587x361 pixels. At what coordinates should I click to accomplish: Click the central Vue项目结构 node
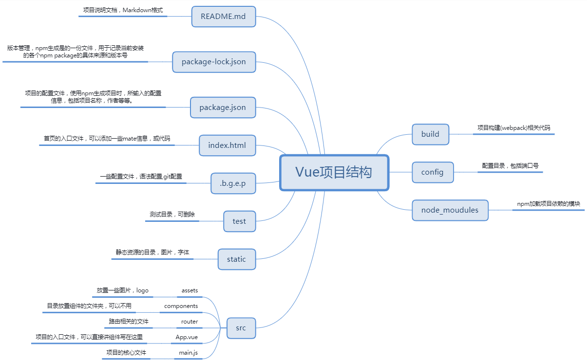[334, 172]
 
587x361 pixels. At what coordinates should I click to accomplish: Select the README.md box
[223, 17]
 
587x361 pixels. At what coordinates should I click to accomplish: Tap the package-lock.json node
[214, 62]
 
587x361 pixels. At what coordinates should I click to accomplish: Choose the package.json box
[223, 107]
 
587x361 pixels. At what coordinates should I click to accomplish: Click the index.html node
[227, 145]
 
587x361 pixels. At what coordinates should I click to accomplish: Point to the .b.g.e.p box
[233, 183]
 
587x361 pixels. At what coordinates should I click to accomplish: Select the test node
[239, 221]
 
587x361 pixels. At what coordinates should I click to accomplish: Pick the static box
[236, 259]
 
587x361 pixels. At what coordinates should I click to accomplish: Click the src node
[241, 328]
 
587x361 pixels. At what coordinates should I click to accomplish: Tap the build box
[430, 134]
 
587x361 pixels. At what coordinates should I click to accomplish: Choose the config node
[433, 172]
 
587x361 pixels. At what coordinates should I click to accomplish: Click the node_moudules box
[450, 210]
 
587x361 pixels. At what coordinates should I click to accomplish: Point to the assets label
[189, 290]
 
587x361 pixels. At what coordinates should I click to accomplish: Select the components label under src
[181, 306]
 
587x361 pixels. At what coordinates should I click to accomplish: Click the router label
[189, 322]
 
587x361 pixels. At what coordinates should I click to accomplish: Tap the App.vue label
[187, 337]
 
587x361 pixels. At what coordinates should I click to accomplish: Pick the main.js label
[188, 352]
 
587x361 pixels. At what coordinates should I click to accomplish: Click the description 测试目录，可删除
[172, 214]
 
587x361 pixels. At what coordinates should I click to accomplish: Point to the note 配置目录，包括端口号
[510, 165]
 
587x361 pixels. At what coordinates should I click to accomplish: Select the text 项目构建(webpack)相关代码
[513, 127]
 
